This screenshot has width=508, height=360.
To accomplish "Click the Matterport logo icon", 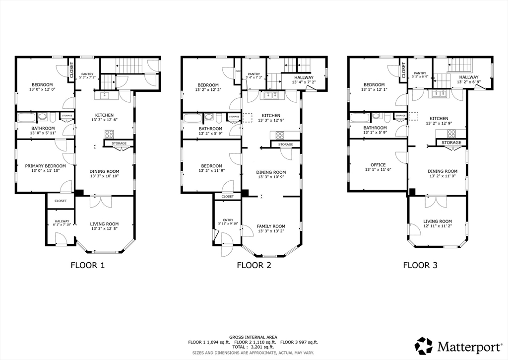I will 424,345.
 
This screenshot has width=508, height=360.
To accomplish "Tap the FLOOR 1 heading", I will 87,265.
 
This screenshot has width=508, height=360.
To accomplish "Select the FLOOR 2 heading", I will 254,265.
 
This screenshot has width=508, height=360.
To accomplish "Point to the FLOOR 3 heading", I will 420,265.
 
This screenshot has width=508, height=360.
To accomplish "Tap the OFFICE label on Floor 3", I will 378,165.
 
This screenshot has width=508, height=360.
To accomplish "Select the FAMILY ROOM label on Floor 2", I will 271,226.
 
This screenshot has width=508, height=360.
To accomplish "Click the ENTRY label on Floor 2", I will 228,220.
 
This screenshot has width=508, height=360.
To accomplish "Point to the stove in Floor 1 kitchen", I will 109,133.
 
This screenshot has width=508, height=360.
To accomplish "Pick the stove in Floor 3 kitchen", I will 451,133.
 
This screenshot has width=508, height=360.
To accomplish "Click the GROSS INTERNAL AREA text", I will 254,337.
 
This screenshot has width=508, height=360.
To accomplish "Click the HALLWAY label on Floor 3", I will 469,77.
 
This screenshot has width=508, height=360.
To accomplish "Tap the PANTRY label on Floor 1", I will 87,73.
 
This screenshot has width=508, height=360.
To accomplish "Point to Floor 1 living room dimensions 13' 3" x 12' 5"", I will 104,229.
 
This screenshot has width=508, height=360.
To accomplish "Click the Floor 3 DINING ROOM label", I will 443,171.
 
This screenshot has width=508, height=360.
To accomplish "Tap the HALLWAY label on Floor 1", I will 62,221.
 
